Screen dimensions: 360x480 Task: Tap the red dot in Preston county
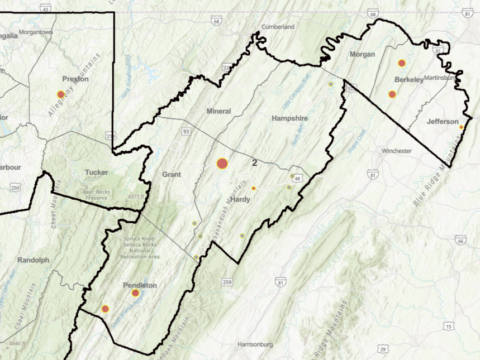pos(61,94)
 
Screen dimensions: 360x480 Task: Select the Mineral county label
pos(218,110)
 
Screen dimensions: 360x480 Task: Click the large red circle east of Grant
pos(223,163)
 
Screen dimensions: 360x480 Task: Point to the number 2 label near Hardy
pos(255,162)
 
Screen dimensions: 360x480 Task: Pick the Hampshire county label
pos(289,117)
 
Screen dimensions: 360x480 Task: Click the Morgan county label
pos(363,55)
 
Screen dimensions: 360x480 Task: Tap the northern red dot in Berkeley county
pos(402,63)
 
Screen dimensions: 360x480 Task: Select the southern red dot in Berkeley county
pos(392,94)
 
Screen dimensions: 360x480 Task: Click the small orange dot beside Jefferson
pos(461,128)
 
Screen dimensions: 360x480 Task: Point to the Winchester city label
pos(396,151)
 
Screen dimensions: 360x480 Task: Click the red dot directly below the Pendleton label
pos(135,293)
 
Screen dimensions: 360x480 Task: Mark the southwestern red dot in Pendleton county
pos(105,309)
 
